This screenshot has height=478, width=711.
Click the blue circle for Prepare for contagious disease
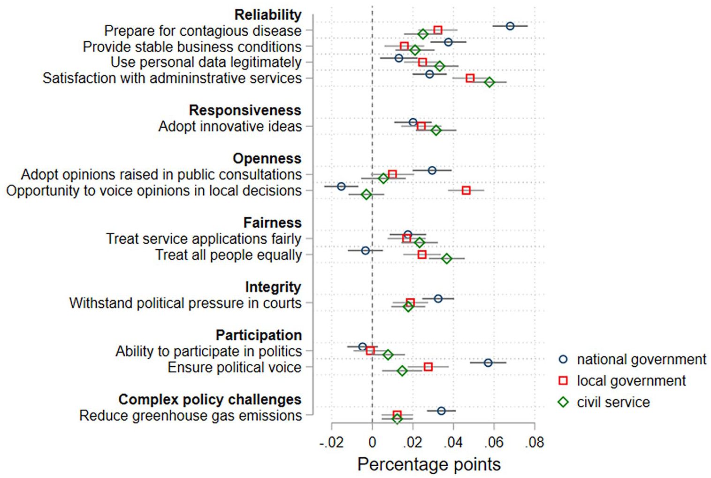(x=510, y=26)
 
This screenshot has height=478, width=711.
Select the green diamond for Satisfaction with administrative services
(x=489, y=82)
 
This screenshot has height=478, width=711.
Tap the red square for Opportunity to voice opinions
(x=466, y=191)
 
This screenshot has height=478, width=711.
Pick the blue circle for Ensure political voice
(x=488, y=363)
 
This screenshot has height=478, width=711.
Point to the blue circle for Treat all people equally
(x=366, y=251)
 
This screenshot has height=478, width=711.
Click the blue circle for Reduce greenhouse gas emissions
(x=441, y=411)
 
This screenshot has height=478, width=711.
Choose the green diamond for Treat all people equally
(x=447, y=259)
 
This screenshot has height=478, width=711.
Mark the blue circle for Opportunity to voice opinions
(x=341, y=186)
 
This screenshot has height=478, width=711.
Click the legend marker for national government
(x=563, y=360)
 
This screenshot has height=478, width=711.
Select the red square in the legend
(x=563, y=381)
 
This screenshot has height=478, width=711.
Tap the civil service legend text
(x=613, y=402)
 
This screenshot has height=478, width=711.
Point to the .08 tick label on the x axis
(x=535, y=442)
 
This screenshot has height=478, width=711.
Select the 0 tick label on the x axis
(x=372, y=442)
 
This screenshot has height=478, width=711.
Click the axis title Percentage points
(x=429, y=464)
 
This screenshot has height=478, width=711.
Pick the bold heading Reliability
(x=268, y=15)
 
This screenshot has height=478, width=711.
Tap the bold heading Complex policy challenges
(x=210, y=400)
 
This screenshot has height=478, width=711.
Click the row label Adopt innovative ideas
(x=230, y=127)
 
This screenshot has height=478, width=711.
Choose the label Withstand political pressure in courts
(x=185, y=303)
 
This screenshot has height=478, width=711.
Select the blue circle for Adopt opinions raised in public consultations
(x=432, y=170)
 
